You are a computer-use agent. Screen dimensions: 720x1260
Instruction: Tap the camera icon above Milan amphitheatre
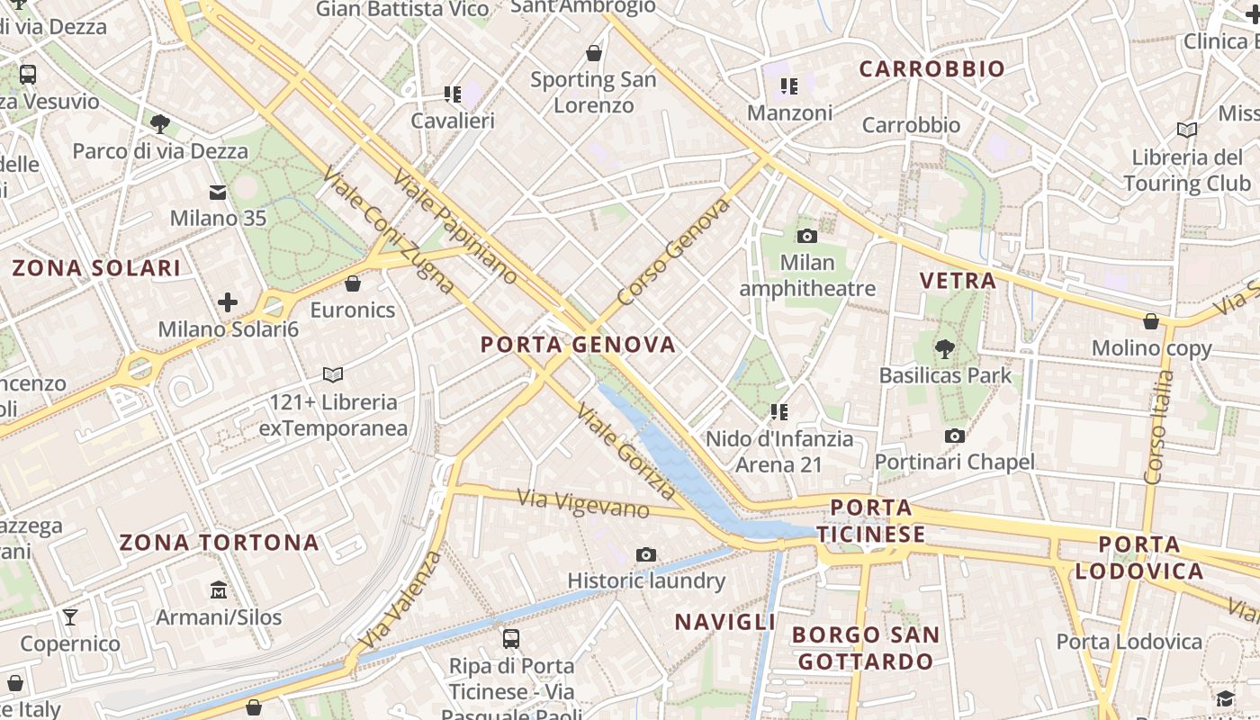(x=807, y=237)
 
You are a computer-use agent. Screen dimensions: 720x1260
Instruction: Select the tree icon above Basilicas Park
(x=944, y=348)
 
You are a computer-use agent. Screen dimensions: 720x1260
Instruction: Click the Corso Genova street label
(x=673, y=253)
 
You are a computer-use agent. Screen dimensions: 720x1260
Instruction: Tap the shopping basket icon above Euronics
(x=353, y=283)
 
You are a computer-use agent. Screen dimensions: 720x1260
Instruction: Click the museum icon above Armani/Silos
(x=218, y=590)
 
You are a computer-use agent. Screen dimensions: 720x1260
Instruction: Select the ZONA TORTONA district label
(x=219, y=543)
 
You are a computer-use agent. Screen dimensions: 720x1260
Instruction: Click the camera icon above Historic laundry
(x=645, y=554)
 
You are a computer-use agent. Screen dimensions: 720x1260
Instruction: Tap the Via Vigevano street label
(x=583, y=503)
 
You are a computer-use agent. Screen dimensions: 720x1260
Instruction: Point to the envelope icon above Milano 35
(x=218, y=192)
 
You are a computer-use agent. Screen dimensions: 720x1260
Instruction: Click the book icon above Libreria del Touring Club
(x=1187, y=130)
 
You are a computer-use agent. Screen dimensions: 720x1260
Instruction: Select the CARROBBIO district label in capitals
(x=931, y=69)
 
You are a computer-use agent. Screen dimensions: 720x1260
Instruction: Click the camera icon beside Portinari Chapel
(x=955, y=436)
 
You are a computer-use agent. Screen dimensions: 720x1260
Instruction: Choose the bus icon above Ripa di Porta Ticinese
(x=511, y=639)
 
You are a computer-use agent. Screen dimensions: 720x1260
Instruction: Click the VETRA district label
(x=958, y=281)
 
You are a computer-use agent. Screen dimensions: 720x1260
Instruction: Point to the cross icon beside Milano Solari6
(x=228, y=302)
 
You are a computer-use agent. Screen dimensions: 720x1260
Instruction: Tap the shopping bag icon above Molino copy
(x=1150, y=321)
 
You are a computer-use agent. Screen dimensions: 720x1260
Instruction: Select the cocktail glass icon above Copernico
(x=70, y=616)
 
